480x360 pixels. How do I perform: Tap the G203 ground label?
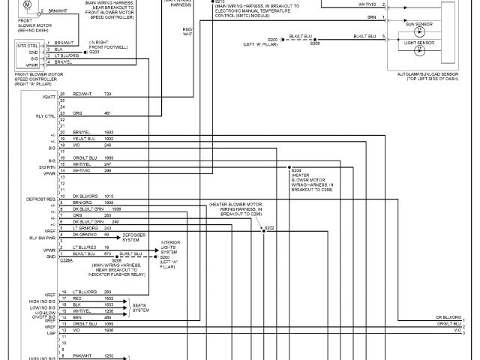coord(94,52)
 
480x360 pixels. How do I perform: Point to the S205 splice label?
coord(316,43)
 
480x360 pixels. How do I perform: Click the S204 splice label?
coord(298,171)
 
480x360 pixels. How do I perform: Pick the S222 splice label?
coord(269,227)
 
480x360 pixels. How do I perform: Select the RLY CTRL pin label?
coord(47,116)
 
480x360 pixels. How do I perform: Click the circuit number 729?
coord(108,94)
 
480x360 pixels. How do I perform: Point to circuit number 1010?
coord(109,196)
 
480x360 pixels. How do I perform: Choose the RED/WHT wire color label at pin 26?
coord(82,94)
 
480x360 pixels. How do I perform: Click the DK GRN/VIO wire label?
coord(85,235)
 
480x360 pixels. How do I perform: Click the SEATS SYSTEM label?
coord(139,307)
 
